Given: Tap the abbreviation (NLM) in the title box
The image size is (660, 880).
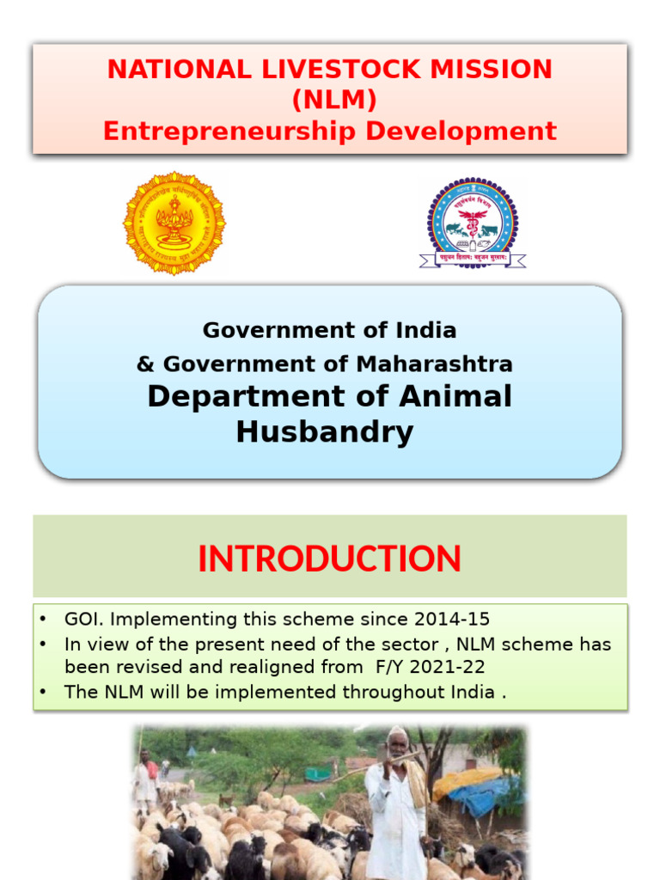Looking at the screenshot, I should coord(333,101).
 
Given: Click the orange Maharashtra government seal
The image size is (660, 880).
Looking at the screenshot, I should coord(174,223).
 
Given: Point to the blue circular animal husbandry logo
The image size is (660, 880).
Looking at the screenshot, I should coord(473,223).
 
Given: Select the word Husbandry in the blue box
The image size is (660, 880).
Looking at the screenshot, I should coord(325,432).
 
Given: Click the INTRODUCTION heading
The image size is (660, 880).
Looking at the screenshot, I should coord(329,559).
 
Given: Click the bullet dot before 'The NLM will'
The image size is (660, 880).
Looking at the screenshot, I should coord(43,692).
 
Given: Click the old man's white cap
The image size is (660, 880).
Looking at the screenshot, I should coord(396,733).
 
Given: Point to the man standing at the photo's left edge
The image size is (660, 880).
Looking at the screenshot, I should coord(146,778).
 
